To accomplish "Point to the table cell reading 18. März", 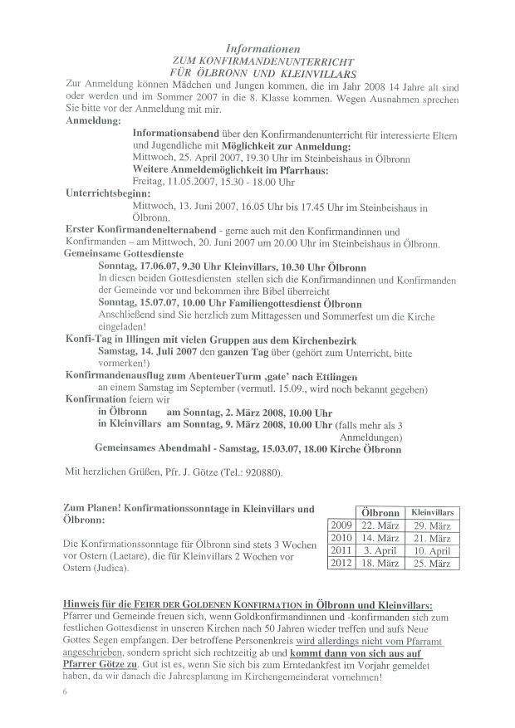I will pyautogui.click(x=379, y=563).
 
